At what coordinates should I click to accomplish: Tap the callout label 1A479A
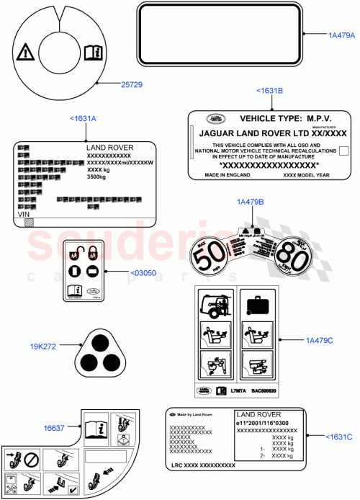point(342,35)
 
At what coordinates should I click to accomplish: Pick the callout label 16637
point(55,427)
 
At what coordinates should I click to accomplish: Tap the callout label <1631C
point(338,437)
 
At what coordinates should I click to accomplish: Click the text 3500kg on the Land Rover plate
point(99,177)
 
